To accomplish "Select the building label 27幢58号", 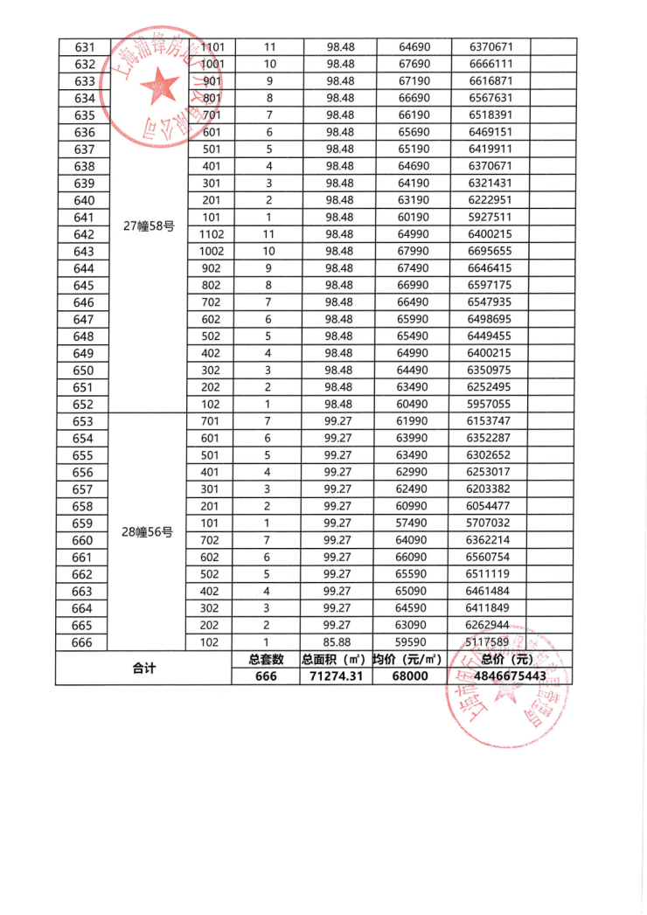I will [149, 225].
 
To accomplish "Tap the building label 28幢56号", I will [149, 531].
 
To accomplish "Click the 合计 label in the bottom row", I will [143, 668].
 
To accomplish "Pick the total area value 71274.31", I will [337, 676].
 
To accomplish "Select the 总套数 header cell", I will [268, 660].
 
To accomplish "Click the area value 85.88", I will [337, 642].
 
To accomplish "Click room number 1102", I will [212, 234].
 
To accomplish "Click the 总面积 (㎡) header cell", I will [337, 660].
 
